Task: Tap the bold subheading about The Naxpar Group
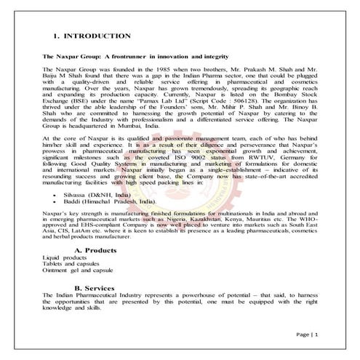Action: click(137, 56)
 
